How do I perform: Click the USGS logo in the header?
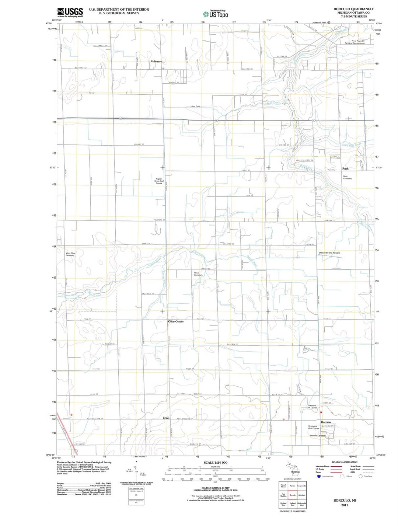pos(70,13)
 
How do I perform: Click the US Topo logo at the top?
pos(216,14)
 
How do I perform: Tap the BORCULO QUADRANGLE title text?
pos(353,9)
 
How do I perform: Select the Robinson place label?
pos(156,62)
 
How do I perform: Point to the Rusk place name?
pos(345,168)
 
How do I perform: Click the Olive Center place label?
pos(176,321)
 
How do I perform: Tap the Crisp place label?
pos(166,418)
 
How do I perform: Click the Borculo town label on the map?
pos(326,422)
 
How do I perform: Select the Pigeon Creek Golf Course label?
pos(159,181)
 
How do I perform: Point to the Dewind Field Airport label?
pos(329,253)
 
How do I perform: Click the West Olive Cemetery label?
pos(70,254)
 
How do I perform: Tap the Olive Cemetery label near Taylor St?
pos(198,274)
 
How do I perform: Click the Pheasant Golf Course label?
pos(312,407)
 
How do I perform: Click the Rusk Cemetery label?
pos(347,177)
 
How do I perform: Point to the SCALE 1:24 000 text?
pos(216,463)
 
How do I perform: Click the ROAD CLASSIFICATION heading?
pos(344,462)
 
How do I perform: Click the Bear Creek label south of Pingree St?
pos(196,106)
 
